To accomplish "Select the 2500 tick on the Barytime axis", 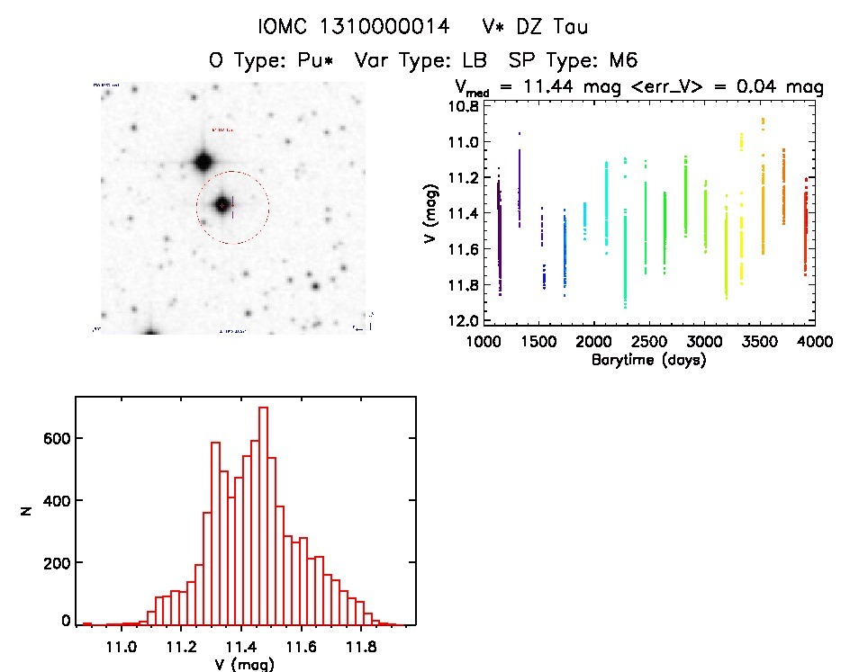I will pyautogui.click(x=649, y=343).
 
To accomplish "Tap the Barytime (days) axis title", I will pyautogui.click(x=648, y=361).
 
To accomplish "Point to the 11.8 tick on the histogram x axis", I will pyautogui.click(x=360, y=647).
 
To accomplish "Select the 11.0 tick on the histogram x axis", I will pyautogui.click(x=121, y=647).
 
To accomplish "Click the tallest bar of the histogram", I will pyautogui.click(x=264, y=513).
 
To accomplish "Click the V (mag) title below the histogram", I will pyautogui.click(x=240, y=665).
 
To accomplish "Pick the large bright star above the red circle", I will pyautogui.click(x=202, y=162).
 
